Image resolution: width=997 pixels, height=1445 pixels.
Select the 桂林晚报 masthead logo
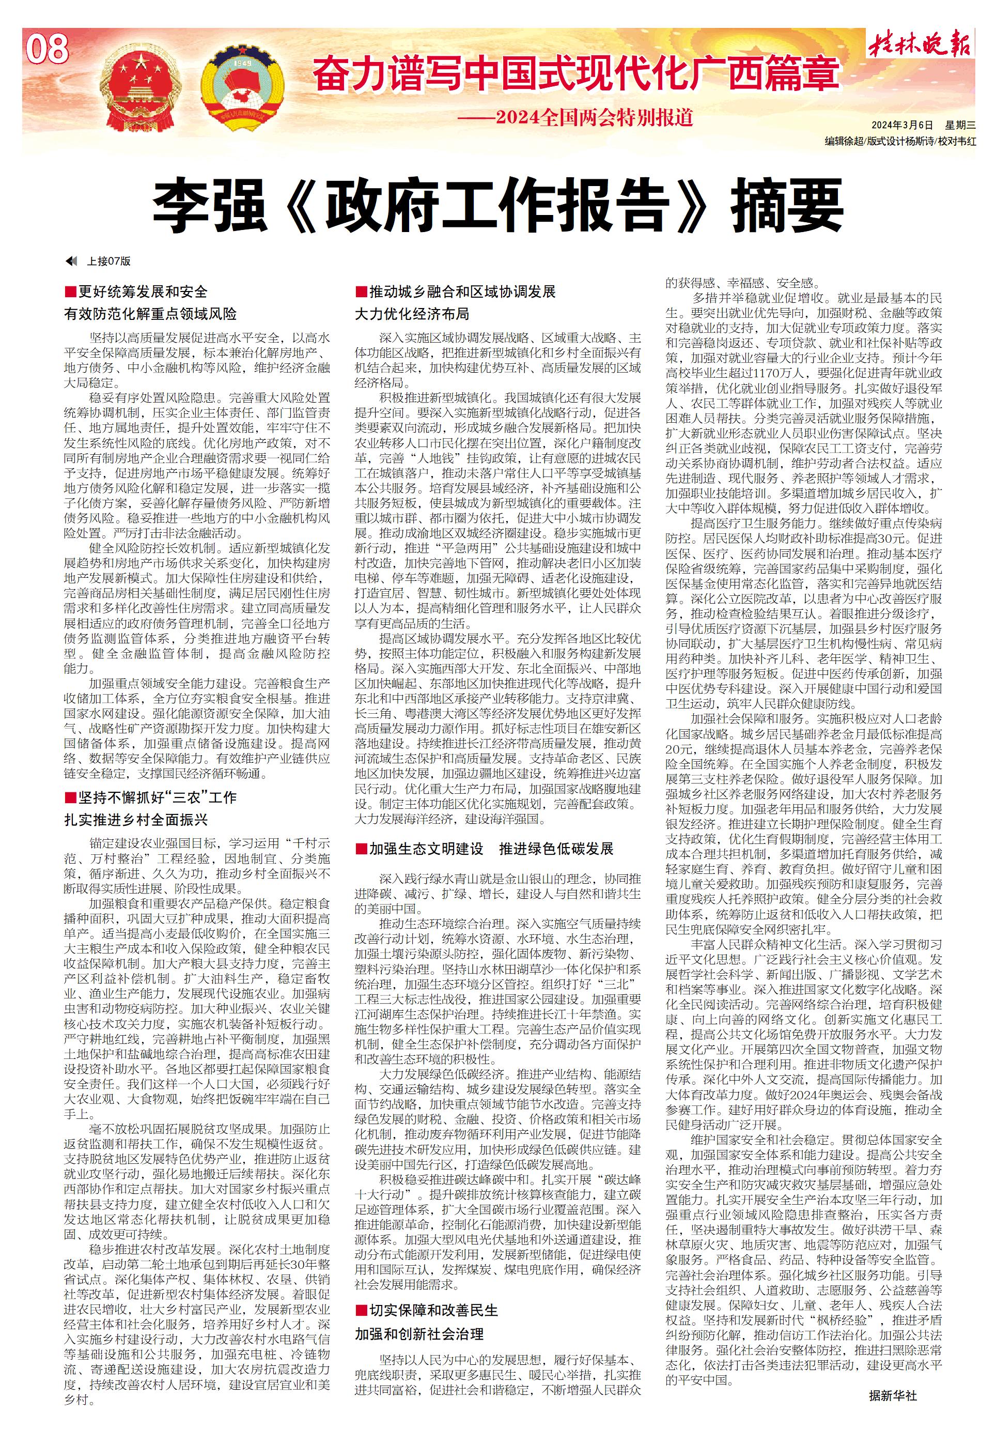918,45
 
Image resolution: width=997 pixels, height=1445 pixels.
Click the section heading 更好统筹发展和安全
143,291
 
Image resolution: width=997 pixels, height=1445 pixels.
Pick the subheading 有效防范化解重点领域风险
150,313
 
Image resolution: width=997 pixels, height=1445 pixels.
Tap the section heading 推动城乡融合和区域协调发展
462,291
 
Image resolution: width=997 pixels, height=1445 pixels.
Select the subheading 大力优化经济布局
412,313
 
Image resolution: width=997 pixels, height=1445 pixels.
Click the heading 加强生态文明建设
426,848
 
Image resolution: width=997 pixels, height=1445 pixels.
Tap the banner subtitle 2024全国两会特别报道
594,117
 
